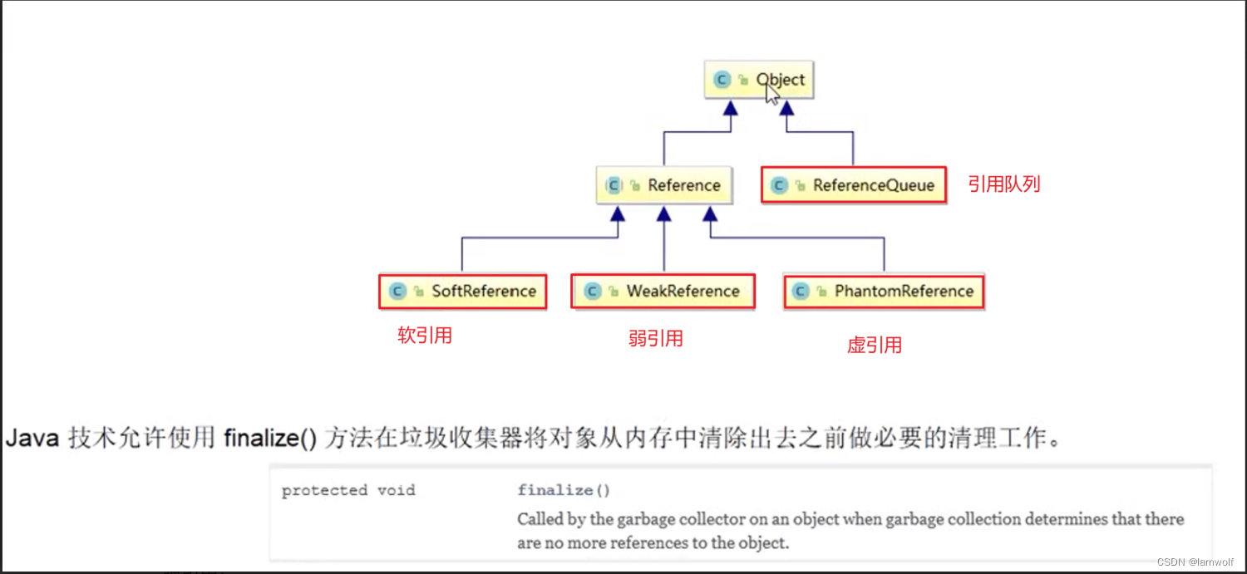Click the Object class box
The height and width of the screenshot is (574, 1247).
(758, 81)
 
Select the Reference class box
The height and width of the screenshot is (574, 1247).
(664, 185)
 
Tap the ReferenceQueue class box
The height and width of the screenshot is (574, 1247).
(853, 185)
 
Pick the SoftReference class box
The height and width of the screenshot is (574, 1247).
(463, 292)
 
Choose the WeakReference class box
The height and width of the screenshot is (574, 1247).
(663, 292)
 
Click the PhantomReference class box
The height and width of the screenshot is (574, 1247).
(883, 292)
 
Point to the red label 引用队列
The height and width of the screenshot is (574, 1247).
(1003, 184)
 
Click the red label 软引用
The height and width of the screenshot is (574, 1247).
(425, 336)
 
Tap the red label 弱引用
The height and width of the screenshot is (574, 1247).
(655, 338)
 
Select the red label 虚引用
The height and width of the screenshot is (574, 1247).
(874, 345)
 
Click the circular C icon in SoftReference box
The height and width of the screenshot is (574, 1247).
(397, 292)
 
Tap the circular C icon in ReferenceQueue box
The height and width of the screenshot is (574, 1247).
(779, 185)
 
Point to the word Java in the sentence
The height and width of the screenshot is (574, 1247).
(32, 438)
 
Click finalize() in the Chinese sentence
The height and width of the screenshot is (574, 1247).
(270, 438)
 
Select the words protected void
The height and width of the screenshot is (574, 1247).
(347, 490)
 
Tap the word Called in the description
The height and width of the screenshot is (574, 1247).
(540, 519)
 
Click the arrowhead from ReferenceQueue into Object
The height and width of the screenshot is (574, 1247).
(786, 109)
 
